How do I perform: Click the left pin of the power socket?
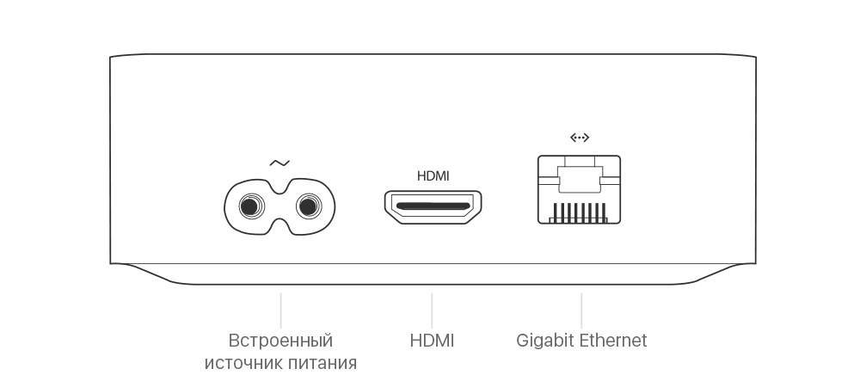(x=251, y=206)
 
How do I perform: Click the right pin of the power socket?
(x=308, y=206)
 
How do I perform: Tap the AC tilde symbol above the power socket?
(x=279, y=163)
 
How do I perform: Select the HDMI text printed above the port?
(x=433, y=176)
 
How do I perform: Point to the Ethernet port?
(x=579, y=189)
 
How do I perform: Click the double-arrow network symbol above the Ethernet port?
(x=580, y=137)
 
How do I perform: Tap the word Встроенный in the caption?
(x=280, y=341)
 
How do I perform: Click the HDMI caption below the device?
(x=432, y=341)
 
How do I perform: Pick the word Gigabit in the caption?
(x=545, y=341)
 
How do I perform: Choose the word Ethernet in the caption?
(x=613, y=341)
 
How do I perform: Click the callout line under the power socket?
(x=280, y=310)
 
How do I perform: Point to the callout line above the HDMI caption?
(x=432, y=310)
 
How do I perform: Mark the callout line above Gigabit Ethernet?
(x=581, y=310)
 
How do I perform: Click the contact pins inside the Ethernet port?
(x=579, y=212)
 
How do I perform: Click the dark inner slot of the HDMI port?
(x=433, y=206)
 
